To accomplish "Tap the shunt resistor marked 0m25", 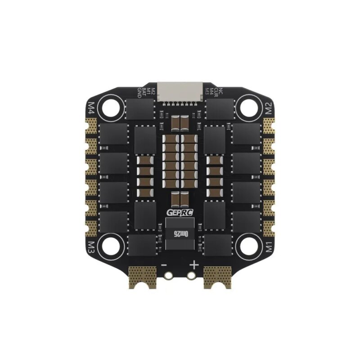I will [180, 234].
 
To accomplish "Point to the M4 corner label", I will [91, 108].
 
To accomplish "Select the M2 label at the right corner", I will [269, 108].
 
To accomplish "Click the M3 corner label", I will [91, 247].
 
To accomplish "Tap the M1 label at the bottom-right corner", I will [269, 247].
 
